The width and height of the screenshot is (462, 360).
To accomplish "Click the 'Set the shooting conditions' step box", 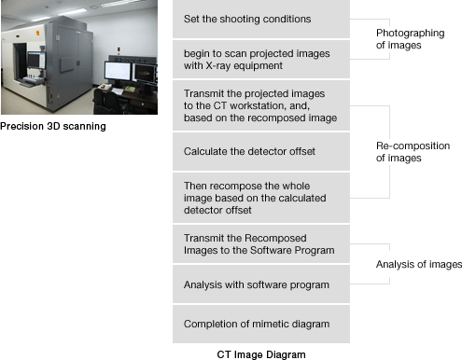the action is [261, 19].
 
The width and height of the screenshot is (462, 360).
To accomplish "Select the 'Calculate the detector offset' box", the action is [261, 151].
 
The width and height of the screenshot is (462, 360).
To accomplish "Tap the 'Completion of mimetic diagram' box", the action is [261, 324].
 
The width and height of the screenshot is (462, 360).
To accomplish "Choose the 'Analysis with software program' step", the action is [261, 284].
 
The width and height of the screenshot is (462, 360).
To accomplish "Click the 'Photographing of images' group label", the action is [410, 39].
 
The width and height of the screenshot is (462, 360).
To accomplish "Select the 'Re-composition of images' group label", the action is [413, 152].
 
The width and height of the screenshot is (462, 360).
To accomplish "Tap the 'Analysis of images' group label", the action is [419, 264].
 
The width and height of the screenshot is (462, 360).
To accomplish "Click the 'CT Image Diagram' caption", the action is [261, 354].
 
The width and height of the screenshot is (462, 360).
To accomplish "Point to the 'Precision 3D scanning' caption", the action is [53, 126].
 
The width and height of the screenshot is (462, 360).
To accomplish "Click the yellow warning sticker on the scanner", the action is [37, 33].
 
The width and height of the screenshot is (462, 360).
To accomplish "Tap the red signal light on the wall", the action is [119, 49].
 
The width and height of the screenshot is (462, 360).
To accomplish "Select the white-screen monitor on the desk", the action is [118, 71].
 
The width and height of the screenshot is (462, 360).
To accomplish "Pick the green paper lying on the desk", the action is [130, 90].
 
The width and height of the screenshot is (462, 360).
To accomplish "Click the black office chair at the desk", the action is [107, 102].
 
